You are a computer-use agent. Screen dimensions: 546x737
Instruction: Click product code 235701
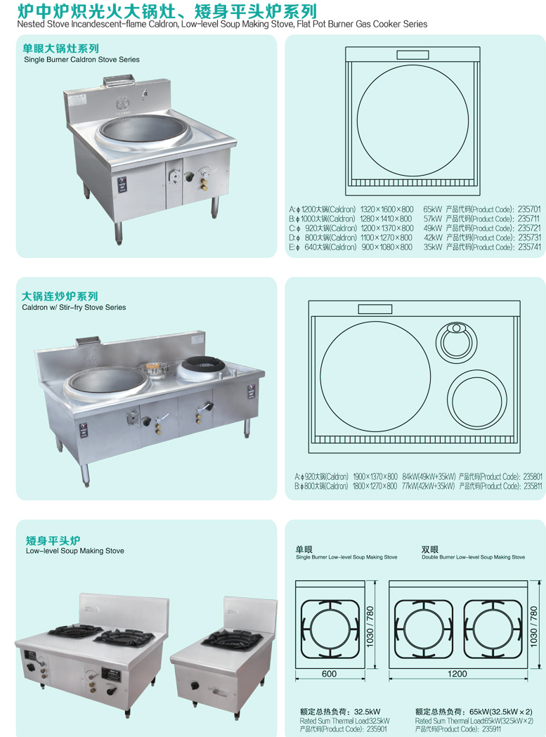pos(529,209)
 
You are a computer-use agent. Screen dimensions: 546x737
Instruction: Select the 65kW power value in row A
pos(433,209)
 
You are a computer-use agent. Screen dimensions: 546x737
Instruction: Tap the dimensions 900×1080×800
pos(386,247)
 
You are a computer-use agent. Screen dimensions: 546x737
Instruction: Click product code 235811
pos(533,486)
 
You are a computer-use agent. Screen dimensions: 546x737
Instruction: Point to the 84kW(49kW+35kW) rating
pos(429,476)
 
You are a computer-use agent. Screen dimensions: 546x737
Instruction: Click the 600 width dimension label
pos(329,674)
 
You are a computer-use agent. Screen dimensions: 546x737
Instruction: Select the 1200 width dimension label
pos(457,674)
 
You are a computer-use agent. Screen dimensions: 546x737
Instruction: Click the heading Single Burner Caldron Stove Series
pos(82,60)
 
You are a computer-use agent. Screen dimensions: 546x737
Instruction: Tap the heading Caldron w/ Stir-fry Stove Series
pos(74,308)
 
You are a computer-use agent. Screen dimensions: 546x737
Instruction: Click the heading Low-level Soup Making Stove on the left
pos(74,551)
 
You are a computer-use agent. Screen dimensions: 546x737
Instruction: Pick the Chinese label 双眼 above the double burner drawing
pos(430,549)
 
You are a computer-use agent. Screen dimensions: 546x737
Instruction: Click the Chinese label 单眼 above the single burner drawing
pos(304,549)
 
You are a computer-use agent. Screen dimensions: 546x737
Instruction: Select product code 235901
pos(377,729)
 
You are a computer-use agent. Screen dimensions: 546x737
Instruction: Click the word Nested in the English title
pos(31,24)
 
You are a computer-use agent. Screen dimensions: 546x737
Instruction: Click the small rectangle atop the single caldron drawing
pos(412,55)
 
